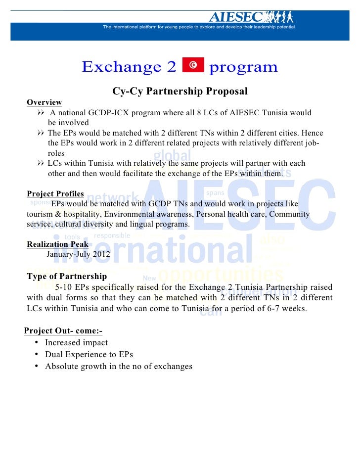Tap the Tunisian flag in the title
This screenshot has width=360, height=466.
coord(193,66)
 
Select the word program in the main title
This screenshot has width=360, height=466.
coord(243,67)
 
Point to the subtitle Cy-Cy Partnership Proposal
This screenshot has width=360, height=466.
coord(180,92)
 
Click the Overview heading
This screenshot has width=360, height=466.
coord(44,102)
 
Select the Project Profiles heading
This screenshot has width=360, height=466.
coord(55,193)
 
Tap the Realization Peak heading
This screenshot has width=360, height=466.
coord(57,244)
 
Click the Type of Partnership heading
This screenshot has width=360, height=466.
coord(66,276)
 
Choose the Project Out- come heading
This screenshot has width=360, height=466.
coord(63,331)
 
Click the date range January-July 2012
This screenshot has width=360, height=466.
coord(78,255)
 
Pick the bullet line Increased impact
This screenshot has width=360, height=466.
coord(76,342)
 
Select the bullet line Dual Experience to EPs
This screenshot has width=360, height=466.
coord(89,355)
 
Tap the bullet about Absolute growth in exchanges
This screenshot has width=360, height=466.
coord(118,367)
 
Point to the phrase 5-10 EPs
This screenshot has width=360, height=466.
coord(72,287)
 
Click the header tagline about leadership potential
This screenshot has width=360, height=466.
coord(199,27)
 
